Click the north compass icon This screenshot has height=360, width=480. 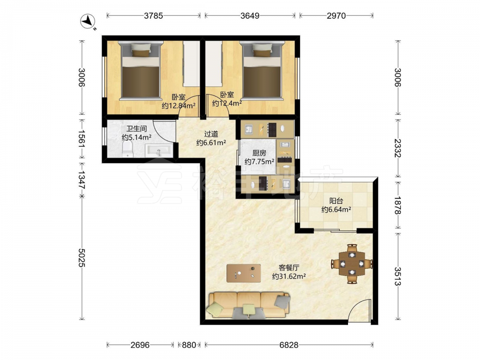click(88, 22)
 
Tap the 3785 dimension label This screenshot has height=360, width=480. click(154, 16)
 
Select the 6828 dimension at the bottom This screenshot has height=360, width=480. click(288, 345)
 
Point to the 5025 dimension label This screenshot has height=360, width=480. click(81, 257)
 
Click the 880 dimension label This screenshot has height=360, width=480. click(189, 345)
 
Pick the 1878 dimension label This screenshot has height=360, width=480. click(397, 205)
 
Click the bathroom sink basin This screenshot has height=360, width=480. click(158, 151)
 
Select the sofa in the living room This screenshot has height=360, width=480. click(249, 305)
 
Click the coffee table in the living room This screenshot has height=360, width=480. click(244, 273)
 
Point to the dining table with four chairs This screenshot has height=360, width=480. click(352, 263)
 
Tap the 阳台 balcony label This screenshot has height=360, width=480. click(336, 201)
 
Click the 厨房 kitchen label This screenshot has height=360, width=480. click(259, 153)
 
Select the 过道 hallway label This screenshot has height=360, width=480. click(211, 134)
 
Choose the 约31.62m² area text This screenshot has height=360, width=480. click(289, 276)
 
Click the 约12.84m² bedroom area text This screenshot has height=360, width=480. click(179, 106)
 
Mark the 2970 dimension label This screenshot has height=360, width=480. click(336, 16)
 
